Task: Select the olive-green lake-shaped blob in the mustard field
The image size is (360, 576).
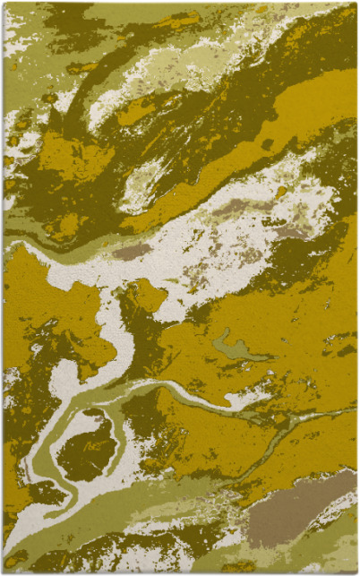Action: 234,348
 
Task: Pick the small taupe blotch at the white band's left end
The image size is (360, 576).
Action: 132,252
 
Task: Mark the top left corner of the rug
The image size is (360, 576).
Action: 4,4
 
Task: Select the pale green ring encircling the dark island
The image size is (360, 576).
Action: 45,448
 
